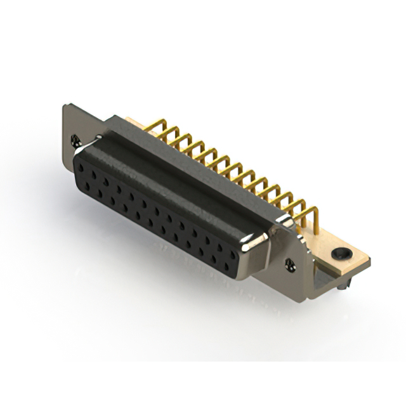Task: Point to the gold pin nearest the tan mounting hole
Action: coord(313,219)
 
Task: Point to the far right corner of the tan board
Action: coord(370,259)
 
